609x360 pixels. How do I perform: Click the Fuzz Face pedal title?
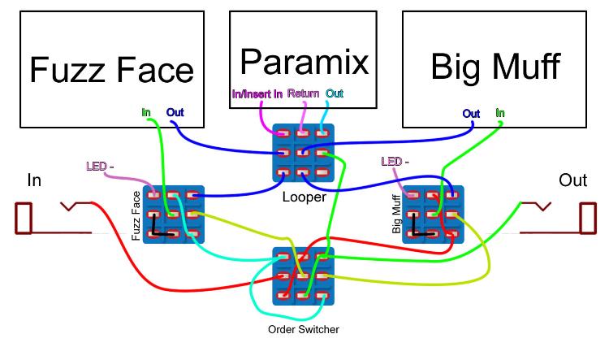coord(113,70)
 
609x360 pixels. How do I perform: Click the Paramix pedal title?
coord(304,60)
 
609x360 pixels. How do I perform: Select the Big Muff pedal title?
coord(495,67)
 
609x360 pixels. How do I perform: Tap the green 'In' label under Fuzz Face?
coord(146,111)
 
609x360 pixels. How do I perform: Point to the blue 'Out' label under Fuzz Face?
coord(175,111)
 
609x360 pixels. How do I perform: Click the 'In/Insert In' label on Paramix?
coord(257,94)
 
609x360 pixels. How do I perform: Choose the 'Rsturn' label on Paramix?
coord(303,94)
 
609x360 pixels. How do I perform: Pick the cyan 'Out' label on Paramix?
coord(334,94)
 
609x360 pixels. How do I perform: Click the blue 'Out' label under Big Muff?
coord(472,113)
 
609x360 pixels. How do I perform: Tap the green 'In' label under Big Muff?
coord(499,113)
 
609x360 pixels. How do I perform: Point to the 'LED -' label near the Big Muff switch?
coord(395,162)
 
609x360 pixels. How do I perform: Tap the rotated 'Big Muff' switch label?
coord(398,215)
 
